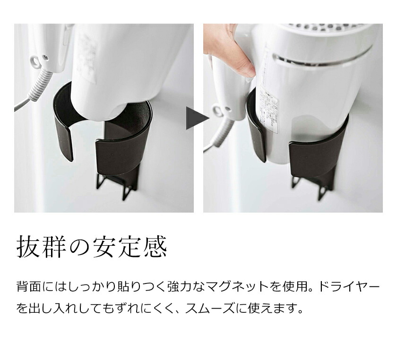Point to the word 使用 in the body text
(x=292, y=287)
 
